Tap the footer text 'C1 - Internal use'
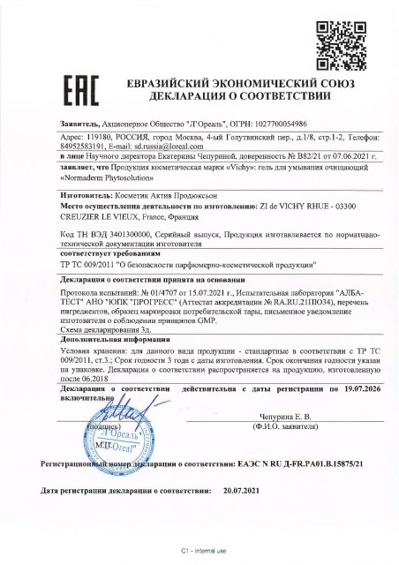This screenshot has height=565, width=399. coord(199,551)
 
